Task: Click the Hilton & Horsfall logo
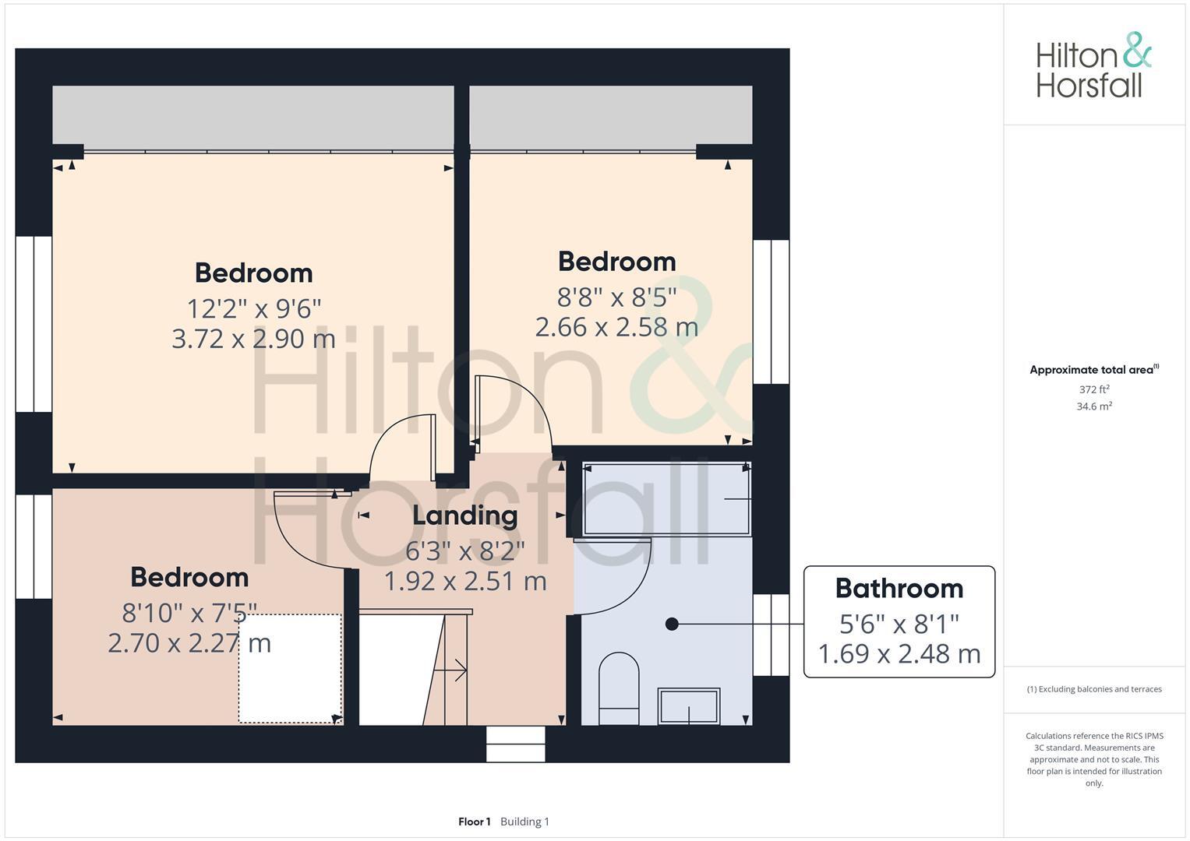pos(1093,65)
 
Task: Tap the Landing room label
pos(464,516)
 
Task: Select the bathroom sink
pos(689,706)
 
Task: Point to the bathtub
pos(666,498)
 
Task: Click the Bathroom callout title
pos(899,589)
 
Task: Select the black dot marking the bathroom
pos(672,624)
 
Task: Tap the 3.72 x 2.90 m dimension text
pos(253,339)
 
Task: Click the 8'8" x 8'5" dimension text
pos(616,297)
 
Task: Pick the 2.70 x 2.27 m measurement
pos(189,643)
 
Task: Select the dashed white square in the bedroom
pos(290,668)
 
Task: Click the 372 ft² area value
pos(1094,389)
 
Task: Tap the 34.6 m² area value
pos(1094,406)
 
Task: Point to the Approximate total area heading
pos(1093,370)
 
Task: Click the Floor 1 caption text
pos(474,822)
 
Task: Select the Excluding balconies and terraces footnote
pos(1094,689)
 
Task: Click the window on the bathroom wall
pos(771,635)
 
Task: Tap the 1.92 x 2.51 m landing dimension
pos(465,581)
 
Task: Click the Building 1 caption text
pos(524,822)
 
